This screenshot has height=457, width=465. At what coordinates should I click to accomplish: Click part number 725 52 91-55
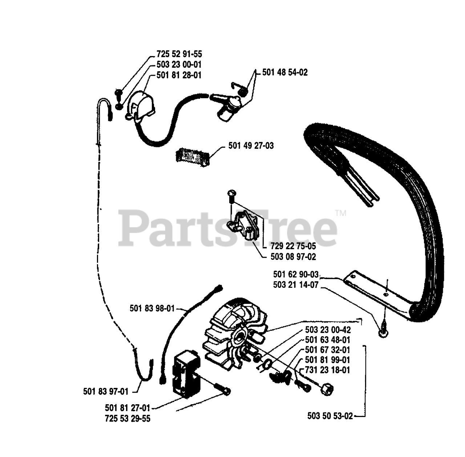pyautogui.click(x=179, y=54)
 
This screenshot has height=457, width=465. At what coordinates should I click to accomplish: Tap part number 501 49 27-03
pyautogui.click(x=251, y=146)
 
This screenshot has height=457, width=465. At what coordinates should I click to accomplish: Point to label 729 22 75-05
pyautogui.click(x=293, y=246)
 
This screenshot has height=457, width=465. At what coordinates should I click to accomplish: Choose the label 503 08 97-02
pyautogui.click(x=293, y=257)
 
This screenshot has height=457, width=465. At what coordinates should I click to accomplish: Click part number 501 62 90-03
pyautogui.click(x=295, y=274)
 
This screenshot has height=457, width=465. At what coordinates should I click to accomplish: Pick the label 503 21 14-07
pyautogui.click(x=295, y=285)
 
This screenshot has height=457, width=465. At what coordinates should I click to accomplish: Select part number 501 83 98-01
pyautogui.click(x=152, y=309)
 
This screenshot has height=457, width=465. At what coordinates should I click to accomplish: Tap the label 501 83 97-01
pyautogui.click(x=106, y=392)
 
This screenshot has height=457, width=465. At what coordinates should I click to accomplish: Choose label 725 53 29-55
pyautogui.click(x=128, y=419)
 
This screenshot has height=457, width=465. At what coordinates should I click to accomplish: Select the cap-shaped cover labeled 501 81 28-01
pyautogui.click(x=140, y=106)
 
